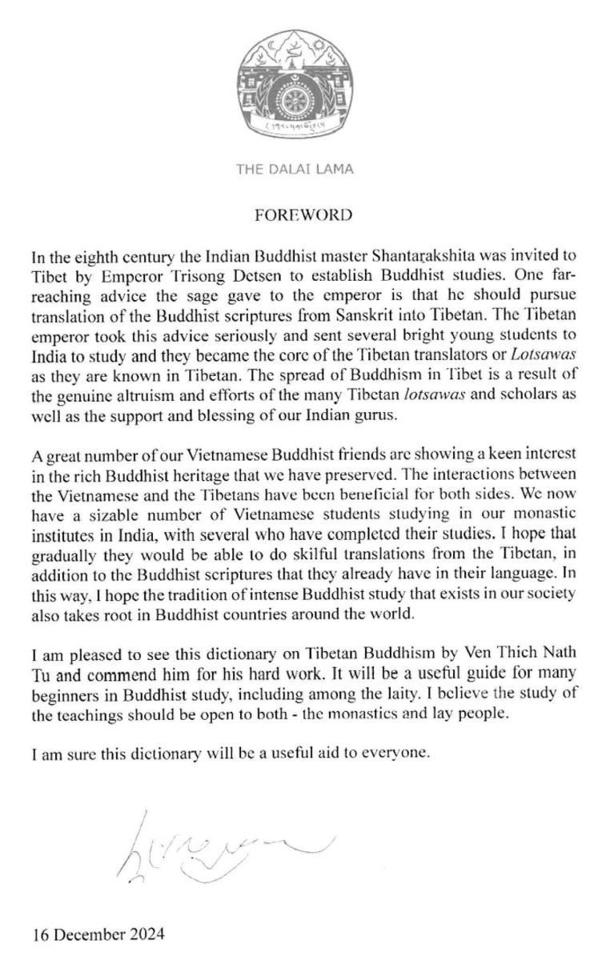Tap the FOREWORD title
point(303,214)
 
